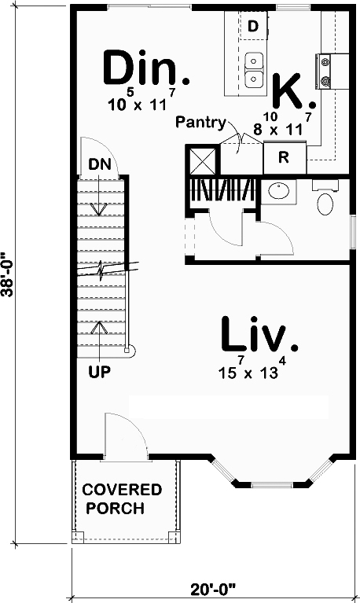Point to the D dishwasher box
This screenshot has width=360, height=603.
click(253, 27)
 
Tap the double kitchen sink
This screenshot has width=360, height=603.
click(254, 69)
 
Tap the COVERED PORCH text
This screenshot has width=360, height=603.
click(122, 498)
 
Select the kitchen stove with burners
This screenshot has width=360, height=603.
click(324, 69)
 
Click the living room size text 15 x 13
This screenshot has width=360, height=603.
click(250, 370)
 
